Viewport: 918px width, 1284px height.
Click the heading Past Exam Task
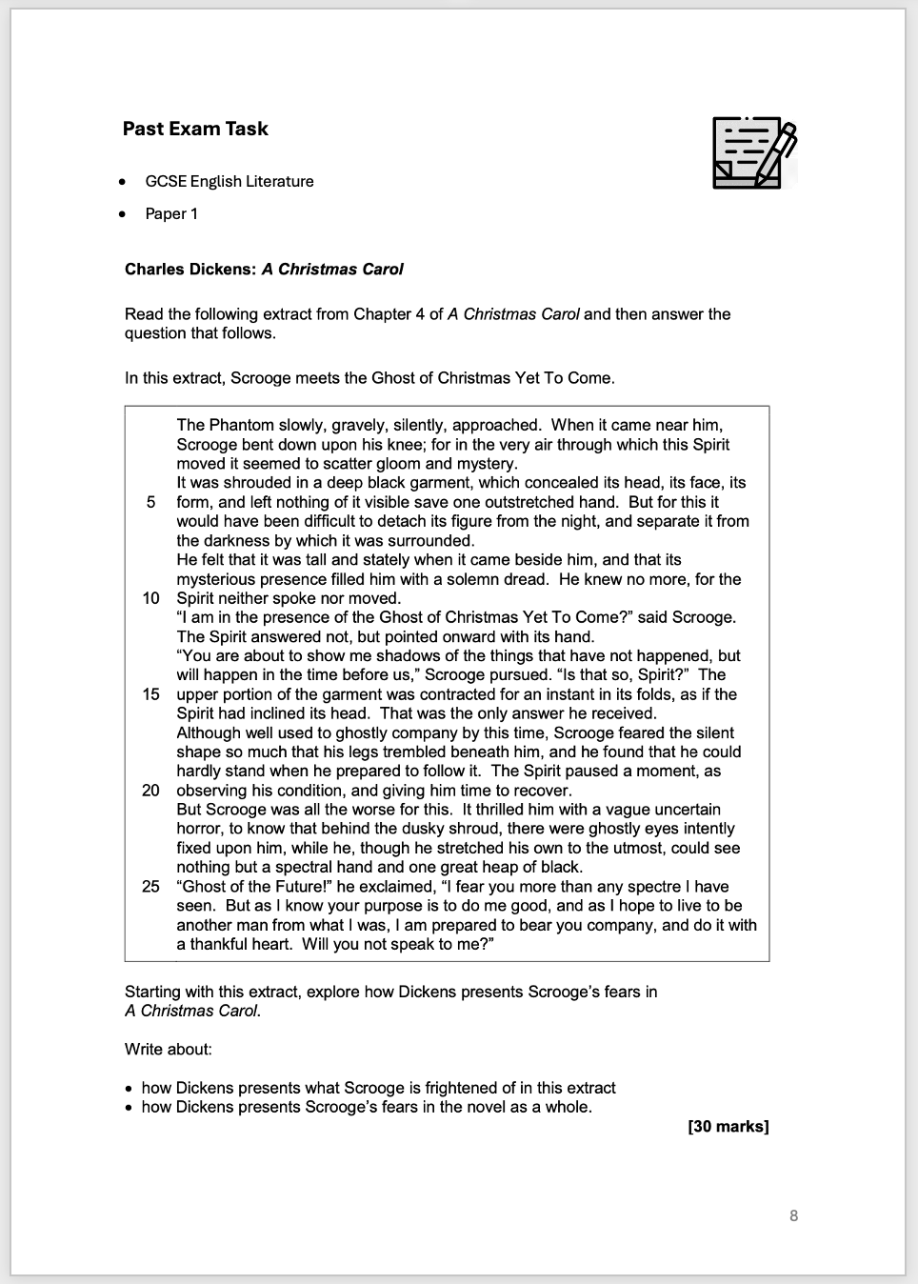195,129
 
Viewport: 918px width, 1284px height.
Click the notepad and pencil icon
753,152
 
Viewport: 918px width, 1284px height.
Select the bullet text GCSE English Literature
229,181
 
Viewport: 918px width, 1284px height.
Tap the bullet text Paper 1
171,213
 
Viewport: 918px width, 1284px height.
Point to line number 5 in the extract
151,502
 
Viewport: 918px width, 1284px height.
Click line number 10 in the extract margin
150,598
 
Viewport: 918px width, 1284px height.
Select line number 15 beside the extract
150,694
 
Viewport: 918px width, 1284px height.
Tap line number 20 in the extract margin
150,791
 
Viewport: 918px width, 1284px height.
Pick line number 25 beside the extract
150,887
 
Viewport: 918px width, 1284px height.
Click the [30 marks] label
728,1127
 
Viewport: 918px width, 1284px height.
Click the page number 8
793,1215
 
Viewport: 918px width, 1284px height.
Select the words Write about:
169,1050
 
